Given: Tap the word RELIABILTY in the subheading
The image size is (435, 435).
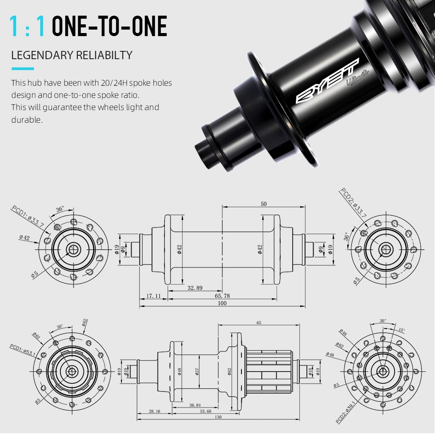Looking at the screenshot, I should pos(104,55).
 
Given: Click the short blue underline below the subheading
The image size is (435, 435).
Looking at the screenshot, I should pos(22,68).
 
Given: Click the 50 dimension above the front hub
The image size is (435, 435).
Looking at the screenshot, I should pos(264,204).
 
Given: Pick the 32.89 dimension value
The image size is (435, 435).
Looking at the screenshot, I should pos(195,288).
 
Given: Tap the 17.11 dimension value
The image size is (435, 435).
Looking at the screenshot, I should pos(153,296).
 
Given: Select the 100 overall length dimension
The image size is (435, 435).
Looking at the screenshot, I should pos(222,303).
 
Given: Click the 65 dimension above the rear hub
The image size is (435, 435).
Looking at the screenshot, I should pos(259,323).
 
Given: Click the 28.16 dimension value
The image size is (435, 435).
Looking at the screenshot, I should pos(154,411).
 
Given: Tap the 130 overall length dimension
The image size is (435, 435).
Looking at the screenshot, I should pos(218,417).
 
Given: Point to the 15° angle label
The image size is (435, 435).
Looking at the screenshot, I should pos(401,330).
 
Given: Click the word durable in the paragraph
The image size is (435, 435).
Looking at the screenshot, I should pos(26,120).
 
